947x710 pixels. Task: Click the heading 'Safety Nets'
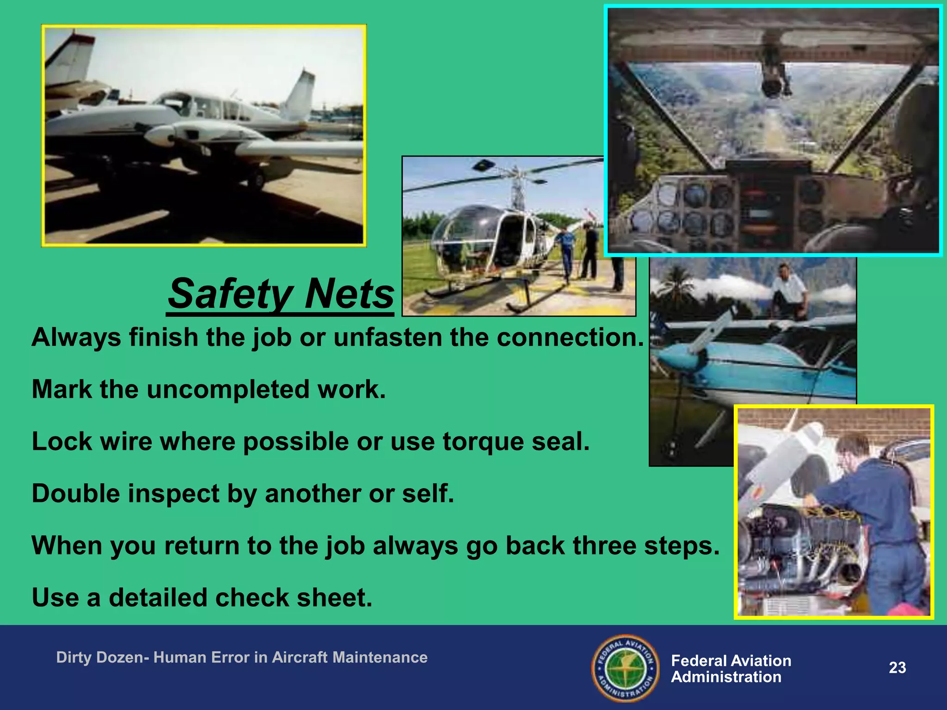[281, 294]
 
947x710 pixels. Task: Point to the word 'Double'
[76, 494]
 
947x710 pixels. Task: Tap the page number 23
[897, 667]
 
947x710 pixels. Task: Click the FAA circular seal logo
[626, 668]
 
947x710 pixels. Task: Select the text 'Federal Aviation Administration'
[731, 669]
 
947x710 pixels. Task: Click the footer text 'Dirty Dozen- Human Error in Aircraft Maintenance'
[242, 657]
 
